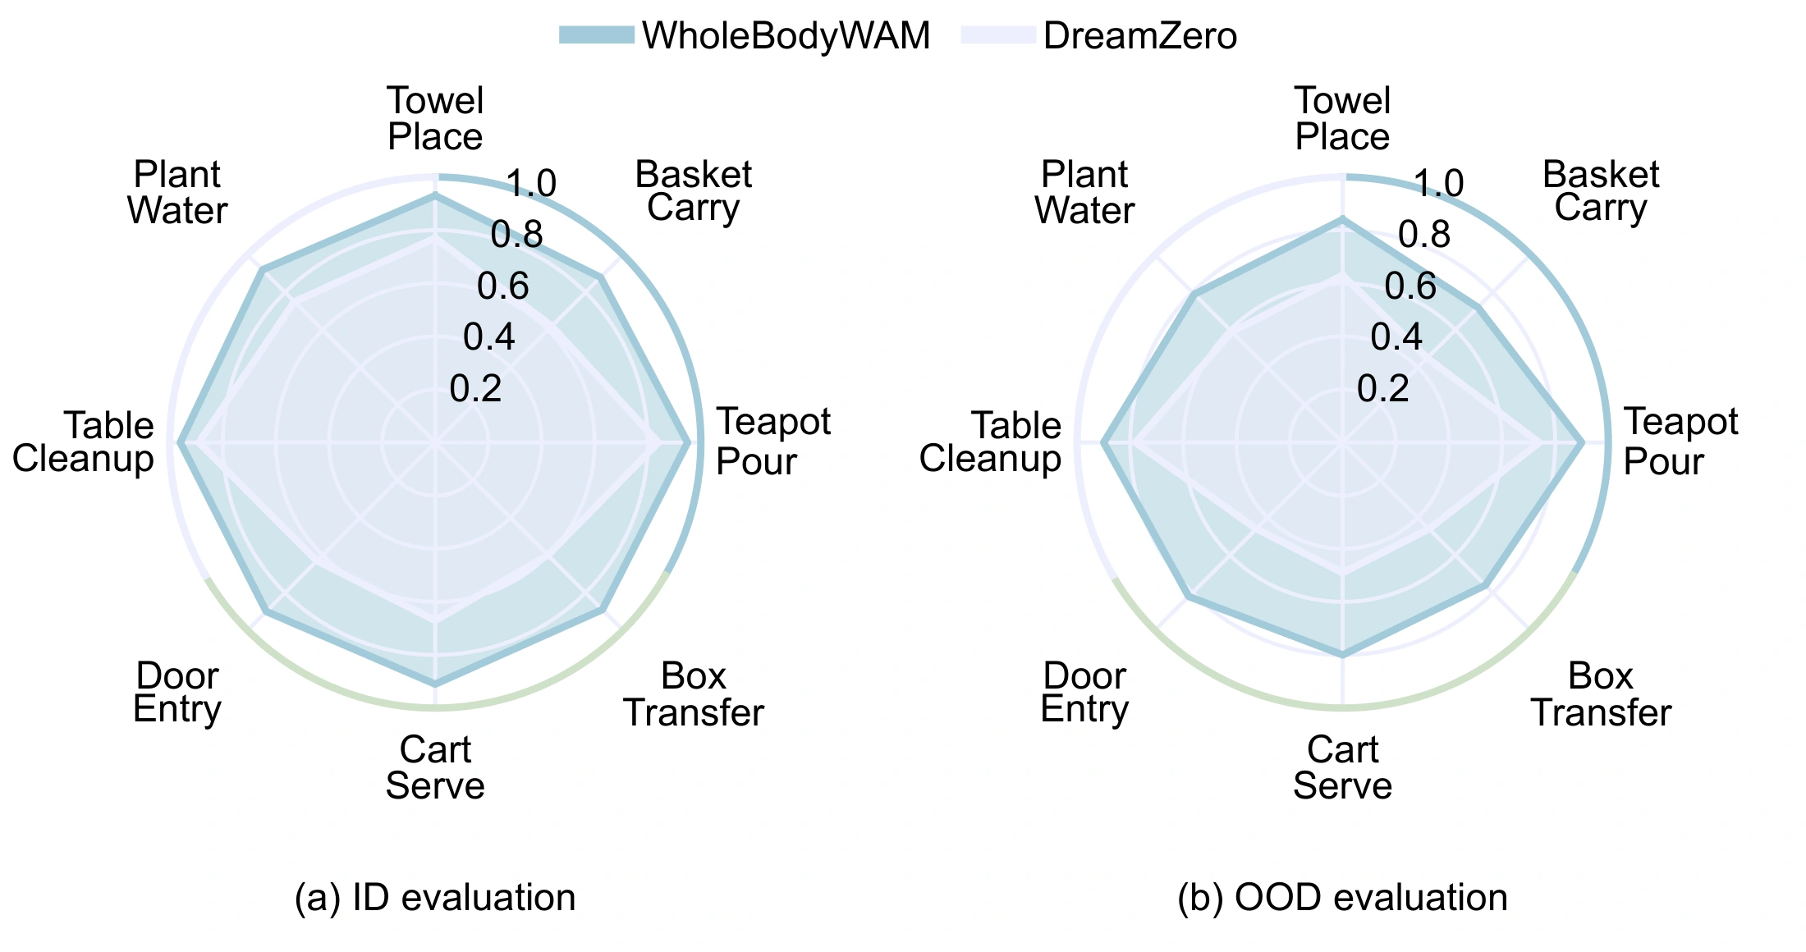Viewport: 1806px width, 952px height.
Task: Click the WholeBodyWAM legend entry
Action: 745,35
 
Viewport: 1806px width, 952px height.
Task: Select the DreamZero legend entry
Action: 1099,35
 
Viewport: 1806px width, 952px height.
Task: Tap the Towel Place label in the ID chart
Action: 435,118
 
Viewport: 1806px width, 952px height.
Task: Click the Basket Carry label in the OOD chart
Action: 1600,191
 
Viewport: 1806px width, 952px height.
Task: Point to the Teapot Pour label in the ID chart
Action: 773,442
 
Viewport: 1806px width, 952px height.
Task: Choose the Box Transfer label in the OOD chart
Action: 1601,694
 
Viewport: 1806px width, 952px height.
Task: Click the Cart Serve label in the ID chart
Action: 435,767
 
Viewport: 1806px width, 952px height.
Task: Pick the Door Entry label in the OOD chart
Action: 1084,693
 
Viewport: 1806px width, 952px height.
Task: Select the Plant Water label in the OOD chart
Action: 1084,192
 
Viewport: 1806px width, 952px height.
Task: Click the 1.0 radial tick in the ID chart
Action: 531,184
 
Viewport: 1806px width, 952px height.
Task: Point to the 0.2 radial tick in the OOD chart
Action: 1383,388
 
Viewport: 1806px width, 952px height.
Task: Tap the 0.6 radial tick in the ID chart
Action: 503,286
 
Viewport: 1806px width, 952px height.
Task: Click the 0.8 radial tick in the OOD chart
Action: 1424,236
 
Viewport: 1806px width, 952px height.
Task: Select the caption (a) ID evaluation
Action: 435,897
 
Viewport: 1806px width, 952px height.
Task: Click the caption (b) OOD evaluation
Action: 1343,897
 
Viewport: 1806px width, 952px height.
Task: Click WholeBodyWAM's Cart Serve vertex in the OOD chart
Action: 1343,655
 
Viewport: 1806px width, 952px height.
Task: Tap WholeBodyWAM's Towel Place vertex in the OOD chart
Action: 1343,218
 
